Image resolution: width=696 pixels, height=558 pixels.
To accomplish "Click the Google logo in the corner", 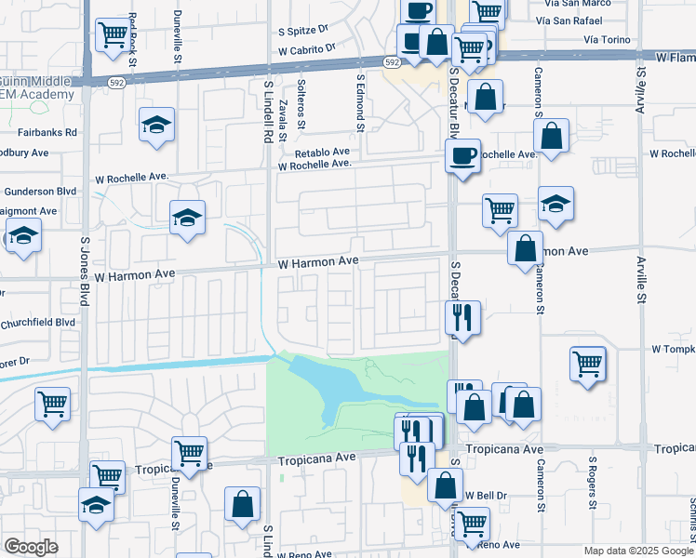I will (x=30, y=547).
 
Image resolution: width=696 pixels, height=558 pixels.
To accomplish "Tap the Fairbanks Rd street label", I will (x=46, y=133).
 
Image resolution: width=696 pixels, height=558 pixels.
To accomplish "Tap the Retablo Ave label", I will (x=322, y=152).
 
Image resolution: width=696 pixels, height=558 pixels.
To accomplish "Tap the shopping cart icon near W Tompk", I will (x=588, y=363).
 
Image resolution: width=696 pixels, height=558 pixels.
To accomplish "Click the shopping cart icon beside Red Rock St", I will (x=114, y=35).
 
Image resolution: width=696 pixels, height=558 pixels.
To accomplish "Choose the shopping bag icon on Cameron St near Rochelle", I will (x=553, y=136).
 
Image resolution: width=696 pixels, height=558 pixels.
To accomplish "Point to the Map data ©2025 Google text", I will (x=637, y=551).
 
